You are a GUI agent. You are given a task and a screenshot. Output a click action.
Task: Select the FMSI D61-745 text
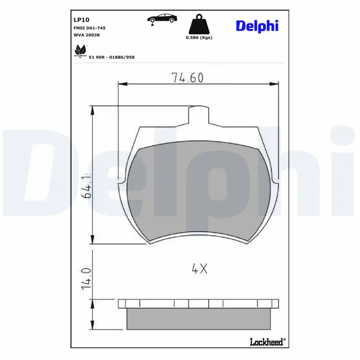pyautogui.click(x=90, y=28)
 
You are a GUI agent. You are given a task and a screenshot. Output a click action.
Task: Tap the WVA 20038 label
pyautogui.click(x=86, y=35)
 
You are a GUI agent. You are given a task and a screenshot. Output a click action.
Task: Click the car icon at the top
pyautogui.click(x=162, y=19)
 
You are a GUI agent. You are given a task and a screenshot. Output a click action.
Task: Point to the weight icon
pyautogui.click(x=198, y=24)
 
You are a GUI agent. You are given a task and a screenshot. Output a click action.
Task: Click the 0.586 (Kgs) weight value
pyautogui.click(x=199, y=38)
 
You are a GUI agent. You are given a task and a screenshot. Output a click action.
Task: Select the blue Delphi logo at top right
pyautogui.click(x=257, y=26)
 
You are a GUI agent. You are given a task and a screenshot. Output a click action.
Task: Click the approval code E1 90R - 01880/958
pyautogui.click(x=112, y=57)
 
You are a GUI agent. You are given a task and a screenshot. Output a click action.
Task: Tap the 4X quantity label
pyautogui.click(x=199, y=269)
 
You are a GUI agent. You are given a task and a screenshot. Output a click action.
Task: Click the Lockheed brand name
pyautogui.click(x=267, y=342)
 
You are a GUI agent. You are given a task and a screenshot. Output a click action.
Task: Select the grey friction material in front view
pyautogui.click(x=198, y=193)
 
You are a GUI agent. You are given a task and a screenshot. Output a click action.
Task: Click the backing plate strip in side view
pyautogui.click(x=198, y=304)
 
